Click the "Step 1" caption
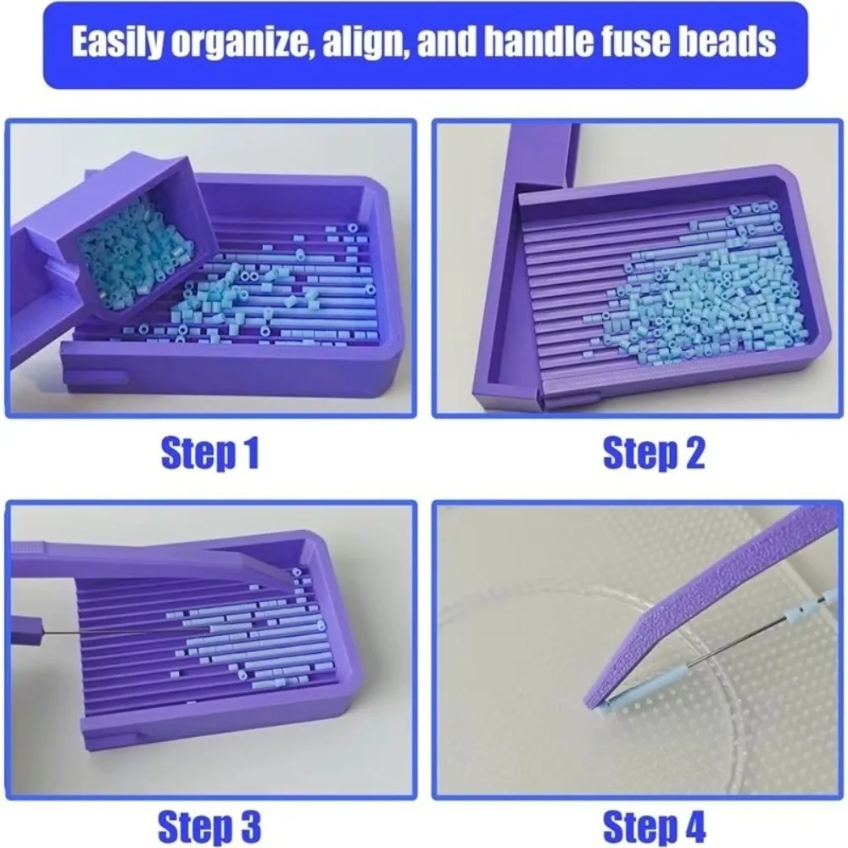click(x=210, y=452)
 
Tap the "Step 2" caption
click(x=654, y=452)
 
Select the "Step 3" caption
click(x=209, y=826)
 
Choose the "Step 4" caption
click(x=655, y=826)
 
